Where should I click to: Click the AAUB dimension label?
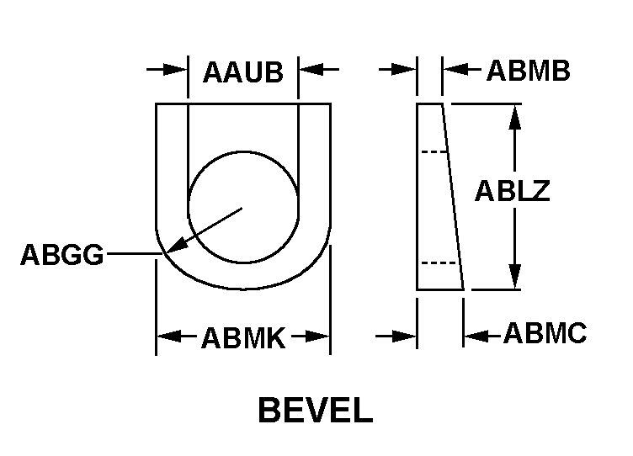coord(243,72)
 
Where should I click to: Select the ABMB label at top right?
coord(528,71)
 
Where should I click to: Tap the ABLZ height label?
coord(513,190)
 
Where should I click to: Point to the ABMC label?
coord(545,333)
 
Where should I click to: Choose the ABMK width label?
coord(243,337)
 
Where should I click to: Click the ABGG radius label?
coord(62,255)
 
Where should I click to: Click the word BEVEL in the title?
coord(316,410)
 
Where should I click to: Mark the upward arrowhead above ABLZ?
coord(514,117)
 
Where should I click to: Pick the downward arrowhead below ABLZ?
coord(514,277)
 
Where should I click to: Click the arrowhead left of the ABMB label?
coord(455,69)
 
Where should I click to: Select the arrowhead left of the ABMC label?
coord(476,336)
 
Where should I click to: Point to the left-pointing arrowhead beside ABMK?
coord(169,336)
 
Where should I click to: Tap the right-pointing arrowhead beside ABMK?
coord(317,336)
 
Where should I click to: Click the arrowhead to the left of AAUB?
coord(175,69)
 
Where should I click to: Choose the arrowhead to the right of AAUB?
coord(311,69)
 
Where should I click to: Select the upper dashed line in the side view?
coord(434,151)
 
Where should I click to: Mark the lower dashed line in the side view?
coord(439,262)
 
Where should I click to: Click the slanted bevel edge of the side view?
coord(453,197)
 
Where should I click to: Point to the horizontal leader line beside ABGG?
coord(135,254)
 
